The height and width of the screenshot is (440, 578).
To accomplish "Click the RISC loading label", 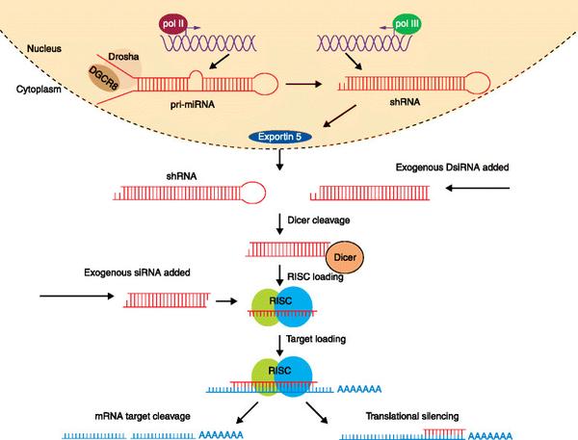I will coord(315,277).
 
